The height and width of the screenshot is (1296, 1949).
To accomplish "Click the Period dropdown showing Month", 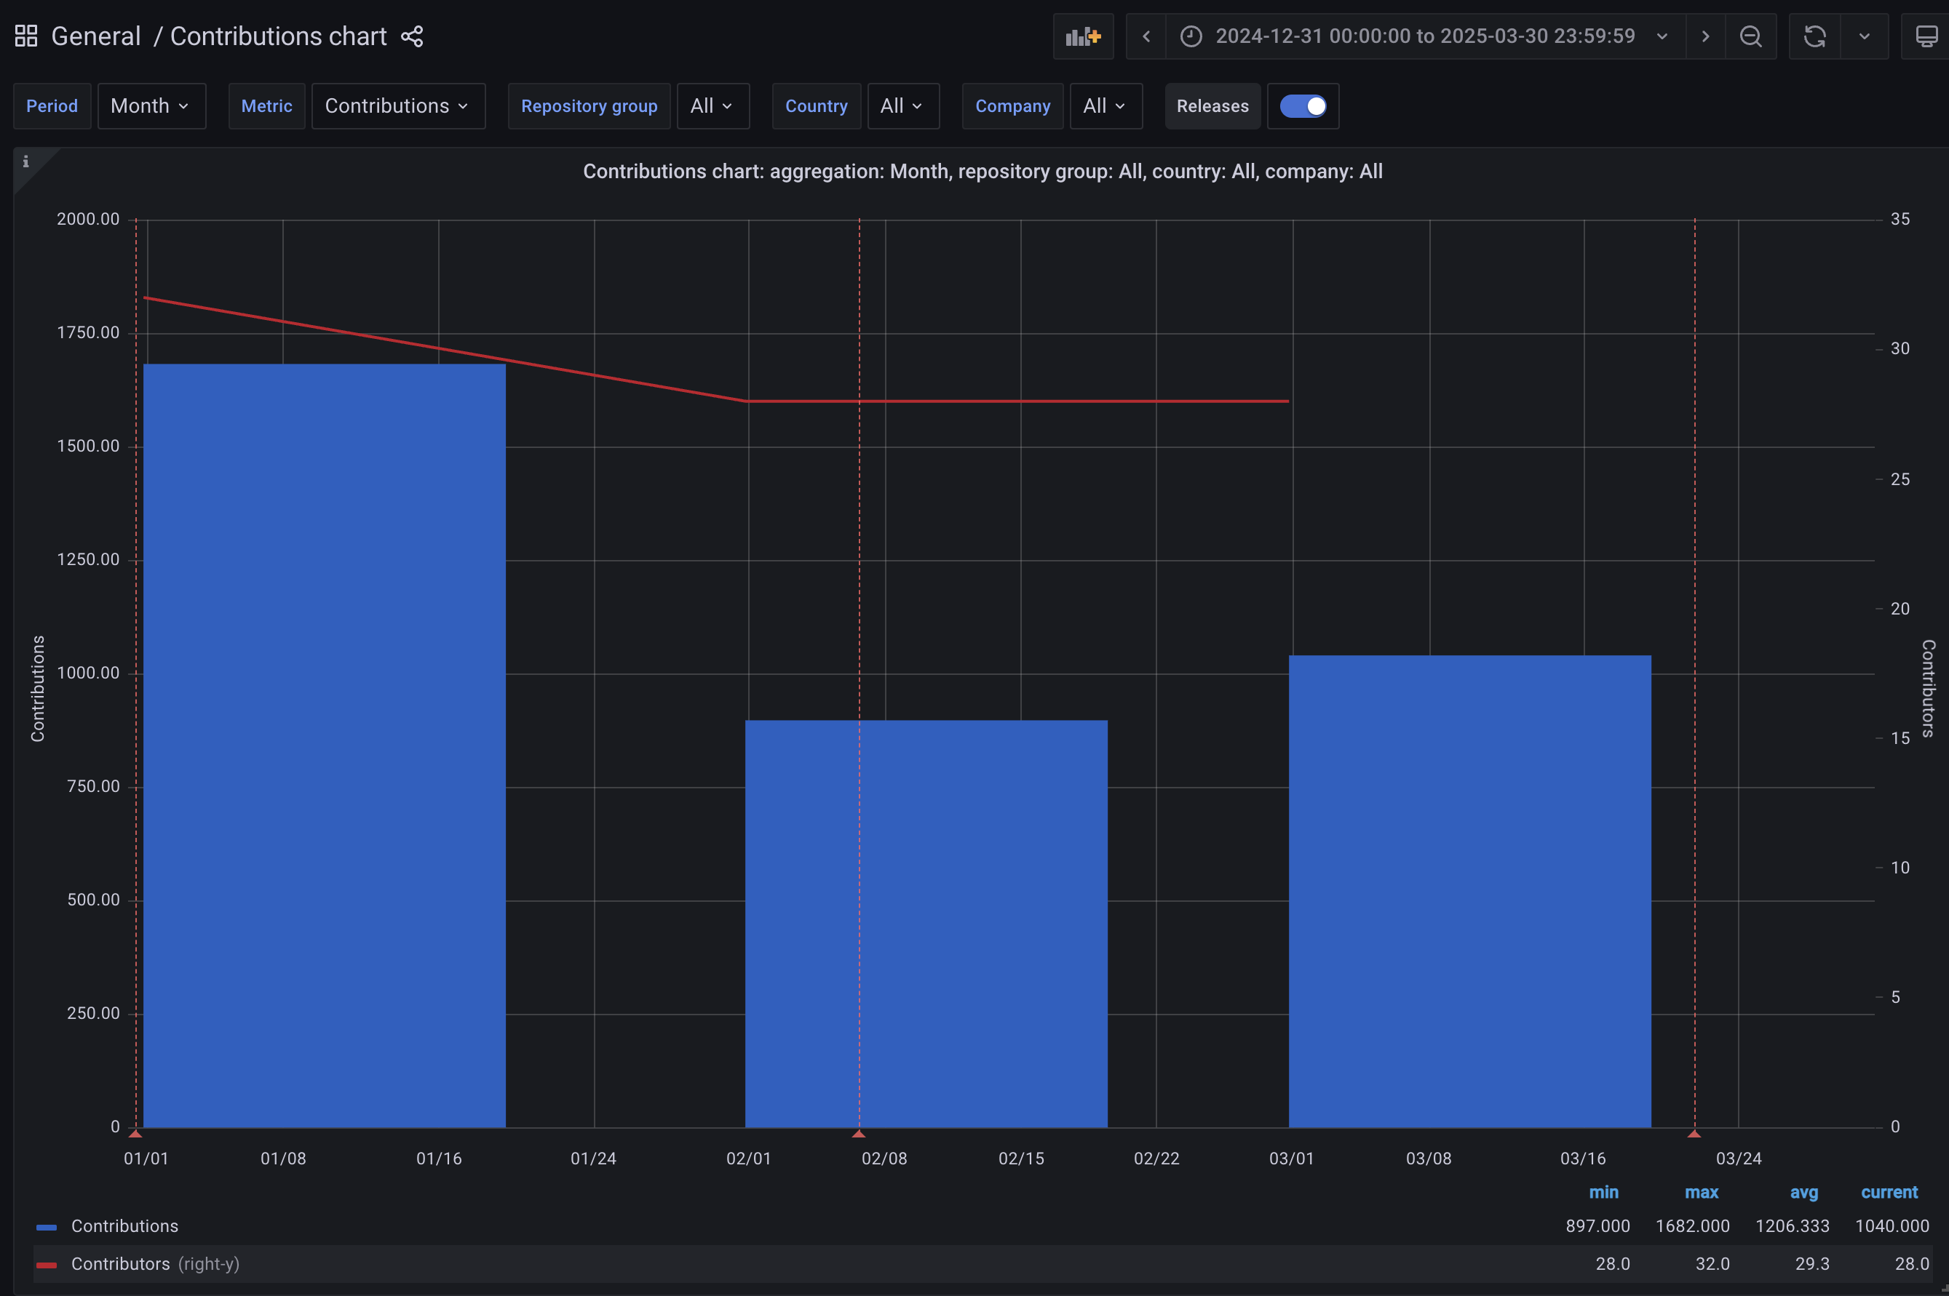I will (151, 105).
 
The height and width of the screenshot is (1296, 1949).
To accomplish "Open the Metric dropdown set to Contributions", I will (398, 105).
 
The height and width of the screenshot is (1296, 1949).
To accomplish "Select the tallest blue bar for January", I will (324, 744).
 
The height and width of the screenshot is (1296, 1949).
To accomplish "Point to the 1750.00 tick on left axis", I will (89, 332).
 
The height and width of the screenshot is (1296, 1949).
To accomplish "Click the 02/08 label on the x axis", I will (884, 1158).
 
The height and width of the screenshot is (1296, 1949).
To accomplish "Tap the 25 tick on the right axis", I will (1900, 479).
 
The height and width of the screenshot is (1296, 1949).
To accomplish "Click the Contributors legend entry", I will (120, 1264).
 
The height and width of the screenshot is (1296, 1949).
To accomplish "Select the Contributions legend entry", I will (124, 1225).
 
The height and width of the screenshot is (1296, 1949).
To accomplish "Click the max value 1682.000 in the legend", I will (1692, 1225).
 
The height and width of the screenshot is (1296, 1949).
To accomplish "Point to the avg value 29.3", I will (1811, 1264).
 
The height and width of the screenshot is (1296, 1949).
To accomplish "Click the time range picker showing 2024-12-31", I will (1425, 36).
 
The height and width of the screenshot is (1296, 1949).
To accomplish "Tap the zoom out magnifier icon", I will (1750, 36).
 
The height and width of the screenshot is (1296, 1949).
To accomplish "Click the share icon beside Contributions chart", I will (412, 36).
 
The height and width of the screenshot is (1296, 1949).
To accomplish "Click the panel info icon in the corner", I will (25, 161).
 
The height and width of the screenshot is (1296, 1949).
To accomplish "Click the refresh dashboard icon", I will (1814, 36).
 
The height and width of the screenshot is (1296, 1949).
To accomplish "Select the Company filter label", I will (1012, 105).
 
